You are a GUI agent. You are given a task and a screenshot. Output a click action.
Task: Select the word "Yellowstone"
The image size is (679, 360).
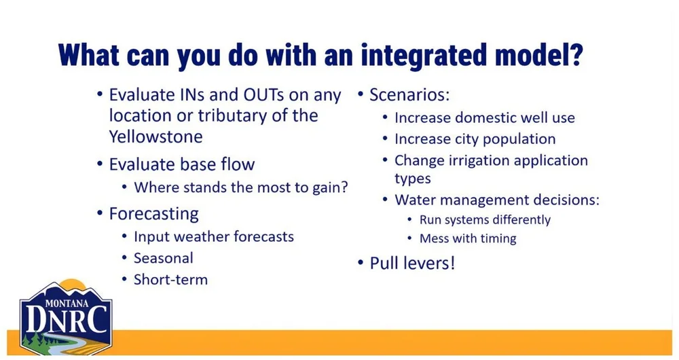pyautogui.click(x=156, y=137)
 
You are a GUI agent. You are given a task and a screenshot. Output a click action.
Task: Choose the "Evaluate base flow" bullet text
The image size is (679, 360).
pyautogui.click(x=182, y=164)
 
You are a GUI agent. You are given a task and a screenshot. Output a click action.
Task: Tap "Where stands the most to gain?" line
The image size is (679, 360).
pyautogui.click(x=241, y=187)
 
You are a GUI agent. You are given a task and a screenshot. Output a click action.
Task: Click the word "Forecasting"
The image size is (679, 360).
pyautogui.click(x=153, y=214)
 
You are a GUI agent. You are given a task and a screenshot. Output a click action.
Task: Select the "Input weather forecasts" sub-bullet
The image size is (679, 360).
pyautogui.click(x=214, y=237)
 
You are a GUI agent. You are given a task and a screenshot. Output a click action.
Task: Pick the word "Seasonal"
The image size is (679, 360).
pyautogui.click(x=164, y=258)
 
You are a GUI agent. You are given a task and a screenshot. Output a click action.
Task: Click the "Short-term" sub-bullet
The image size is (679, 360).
pyautogui.click(x=170, y=279)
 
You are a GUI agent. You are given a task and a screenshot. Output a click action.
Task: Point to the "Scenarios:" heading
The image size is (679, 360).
pyautogui.click(x=409, y=95)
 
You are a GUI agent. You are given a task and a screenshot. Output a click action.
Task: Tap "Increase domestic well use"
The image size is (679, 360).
pyautogui.click(x=485, y=118)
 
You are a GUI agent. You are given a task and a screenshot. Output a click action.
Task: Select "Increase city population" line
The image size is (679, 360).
pyautogui.click(x=475, y=139)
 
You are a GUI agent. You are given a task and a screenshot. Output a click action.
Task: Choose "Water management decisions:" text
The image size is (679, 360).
pyautogui.click(x=497, y=200)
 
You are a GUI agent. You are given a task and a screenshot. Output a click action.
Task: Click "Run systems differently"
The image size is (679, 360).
pyautogui.click(x=485, y=220)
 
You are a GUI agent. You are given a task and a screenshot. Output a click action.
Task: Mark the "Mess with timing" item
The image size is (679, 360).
pyautogui.click(x=468, y=238)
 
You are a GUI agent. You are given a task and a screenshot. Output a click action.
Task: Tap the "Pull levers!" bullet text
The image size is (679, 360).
pyautogui.click(x=412, y=264)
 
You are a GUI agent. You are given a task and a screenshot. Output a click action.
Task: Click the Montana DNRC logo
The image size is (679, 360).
pyautogui.click(x=66, y=317)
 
